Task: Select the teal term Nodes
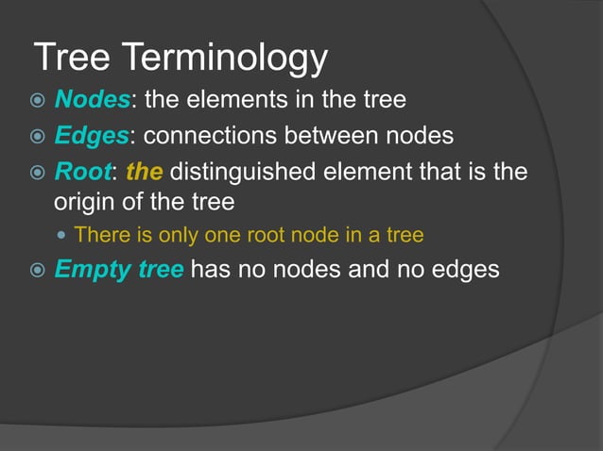pos(89,101)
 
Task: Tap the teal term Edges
pos(90,136)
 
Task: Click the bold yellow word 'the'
pos(144,172)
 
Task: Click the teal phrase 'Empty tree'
pos(119,269)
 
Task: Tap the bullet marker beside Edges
pos(37,137)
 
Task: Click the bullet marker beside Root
pos(37,173)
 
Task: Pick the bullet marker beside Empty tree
pos(37,270)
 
